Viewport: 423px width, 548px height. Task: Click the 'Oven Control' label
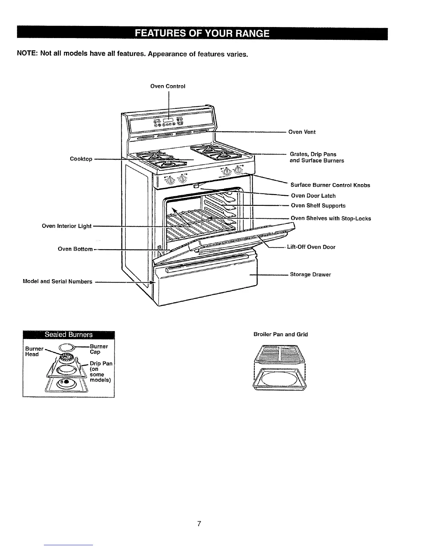[168, 86]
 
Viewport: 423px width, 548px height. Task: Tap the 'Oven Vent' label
[302, 132]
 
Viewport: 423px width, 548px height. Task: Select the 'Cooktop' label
[81, 159]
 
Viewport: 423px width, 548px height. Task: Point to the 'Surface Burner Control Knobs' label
[330, 185]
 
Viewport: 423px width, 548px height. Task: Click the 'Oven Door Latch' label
[313, 196]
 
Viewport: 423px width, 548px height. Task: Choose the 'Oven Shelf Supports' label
[318, 205]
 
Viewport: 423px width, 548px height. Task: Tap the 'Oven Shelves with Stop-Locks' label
[331, 218]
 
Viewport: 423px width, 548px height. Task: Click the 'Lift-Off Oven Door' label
[311, 247]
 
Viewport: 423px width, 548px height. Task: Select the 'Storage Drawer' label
[310, 275]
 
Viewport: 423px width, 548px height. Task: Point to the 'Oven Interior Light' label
[66, 226]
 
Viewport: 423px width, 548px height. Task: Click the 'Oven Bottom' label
[75, 249]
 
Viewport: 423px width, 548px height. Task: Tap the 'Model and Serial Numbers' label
[57, 282]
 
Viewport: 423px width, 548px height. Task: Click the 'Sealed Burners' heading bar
[68, 335]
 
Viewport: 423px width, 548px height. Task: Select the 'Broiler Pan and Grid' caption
[280, 334]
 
